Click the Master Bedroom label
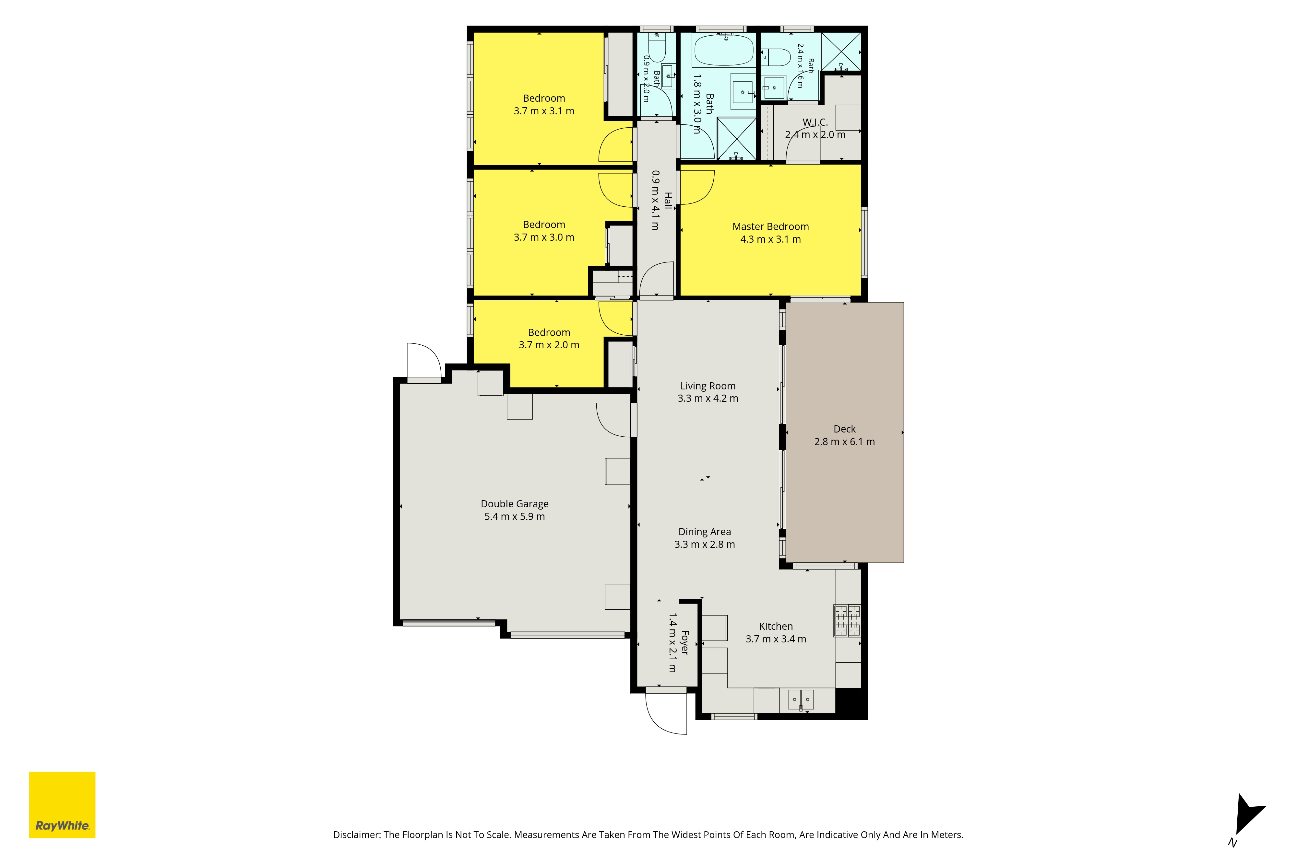coord(770,226)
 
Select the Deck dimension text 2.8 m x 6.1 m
coord(844,441)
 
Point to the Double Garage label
coord(515,504)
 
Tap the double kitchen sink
coord(801,700)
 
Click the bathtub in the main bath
coord(723,50)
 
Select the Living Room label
coord(708,386)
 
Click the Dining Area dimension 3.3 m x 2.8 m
coord(704,544)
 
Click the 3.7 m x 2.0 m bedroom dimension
coord(549,345)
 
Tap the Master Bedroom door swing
coord(696,187)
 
